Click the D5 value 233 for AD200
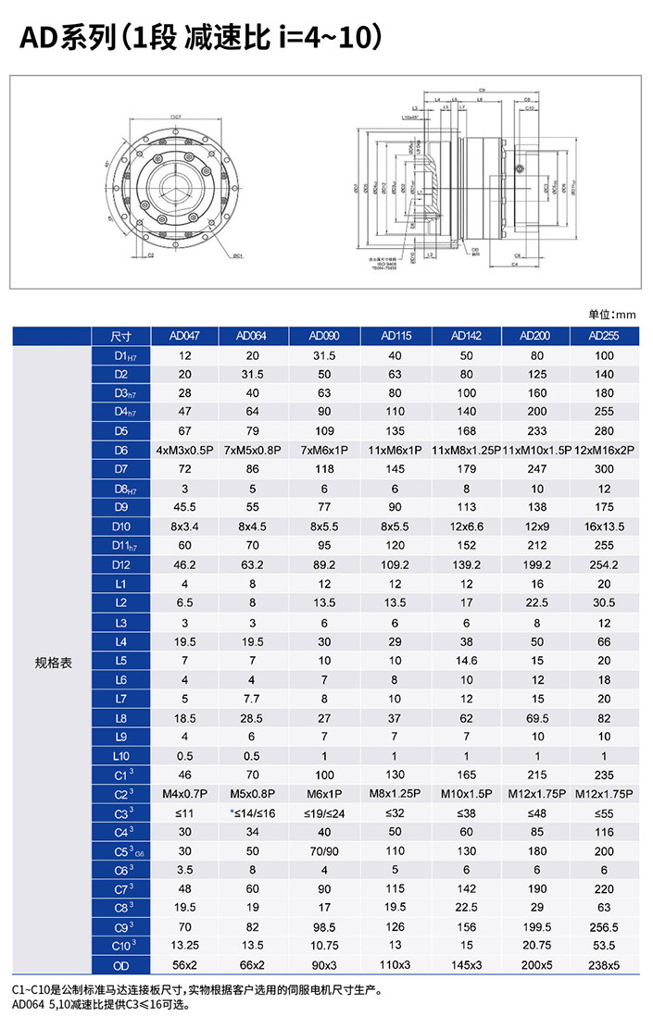click(536, 430)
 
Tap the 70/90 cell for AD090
click(325, 850)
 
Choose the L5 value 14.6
click(467, 661)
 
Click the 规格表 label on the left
click(53, 662)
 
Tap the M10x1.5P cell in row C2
click(467, 793)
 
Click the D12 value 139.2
click(467, 564)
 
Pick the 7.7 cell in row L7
click(254, 698)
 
